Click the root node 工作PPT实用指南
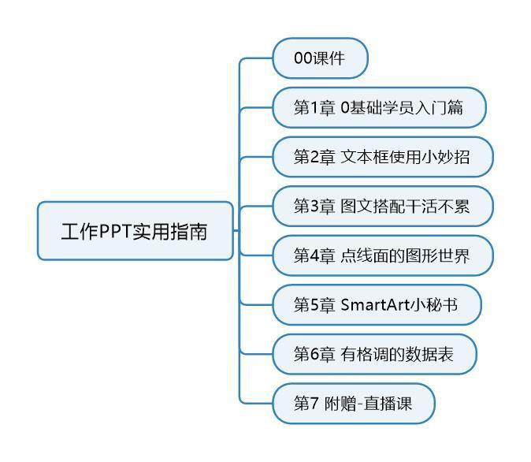point(135,231)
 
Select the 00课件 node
point(319,58)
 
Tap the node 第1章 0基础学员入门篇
point(378,107)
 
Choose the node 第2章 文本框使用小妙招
point(382,157)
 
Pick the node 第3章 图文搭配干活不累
point(382,206)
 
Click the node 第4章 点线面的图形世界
point(382,255)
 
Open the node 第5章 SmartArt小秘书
point(376,305)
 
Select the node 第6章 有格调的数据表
point(373,354)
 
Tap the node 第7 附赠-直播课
point(352,404)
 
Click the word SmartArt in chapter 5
point(375,305)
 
